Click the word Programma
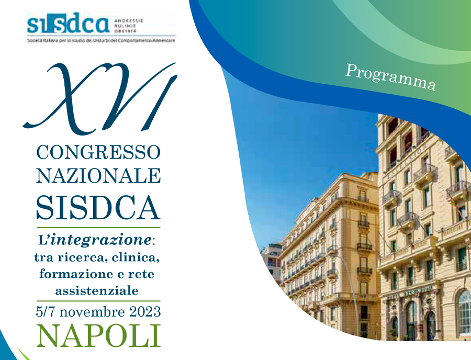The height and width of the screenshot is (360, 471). click(390, 76)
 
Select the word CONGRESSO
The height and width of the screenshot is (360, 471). click(98, 153)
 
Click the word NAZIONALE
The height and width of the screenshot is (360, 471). click(98, 175)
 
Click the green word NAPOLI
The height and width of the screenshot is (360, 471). click(98, 335)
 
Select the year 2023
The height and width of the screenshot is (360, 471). click(142, 312)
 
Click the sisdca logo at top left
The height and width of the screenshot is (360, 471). click(68, 24)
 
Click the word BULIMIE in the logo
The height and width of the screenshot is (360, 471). click(124, 25)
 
